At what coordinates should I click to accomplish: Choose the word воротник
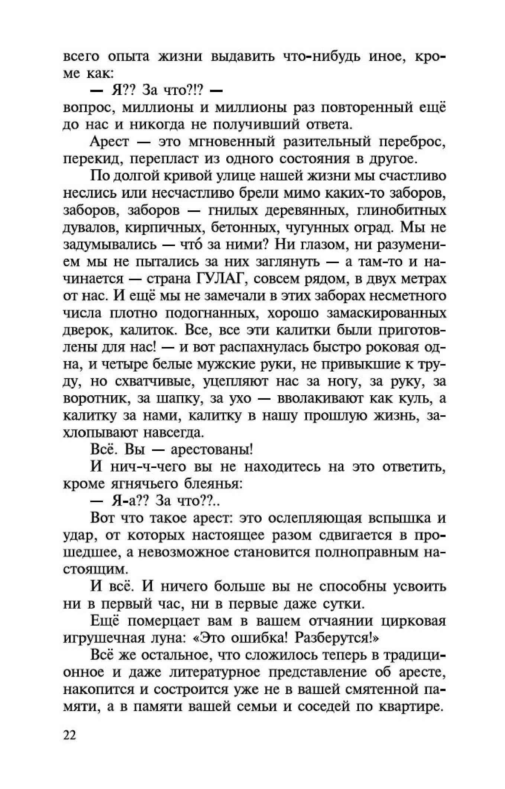[96, 399]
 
